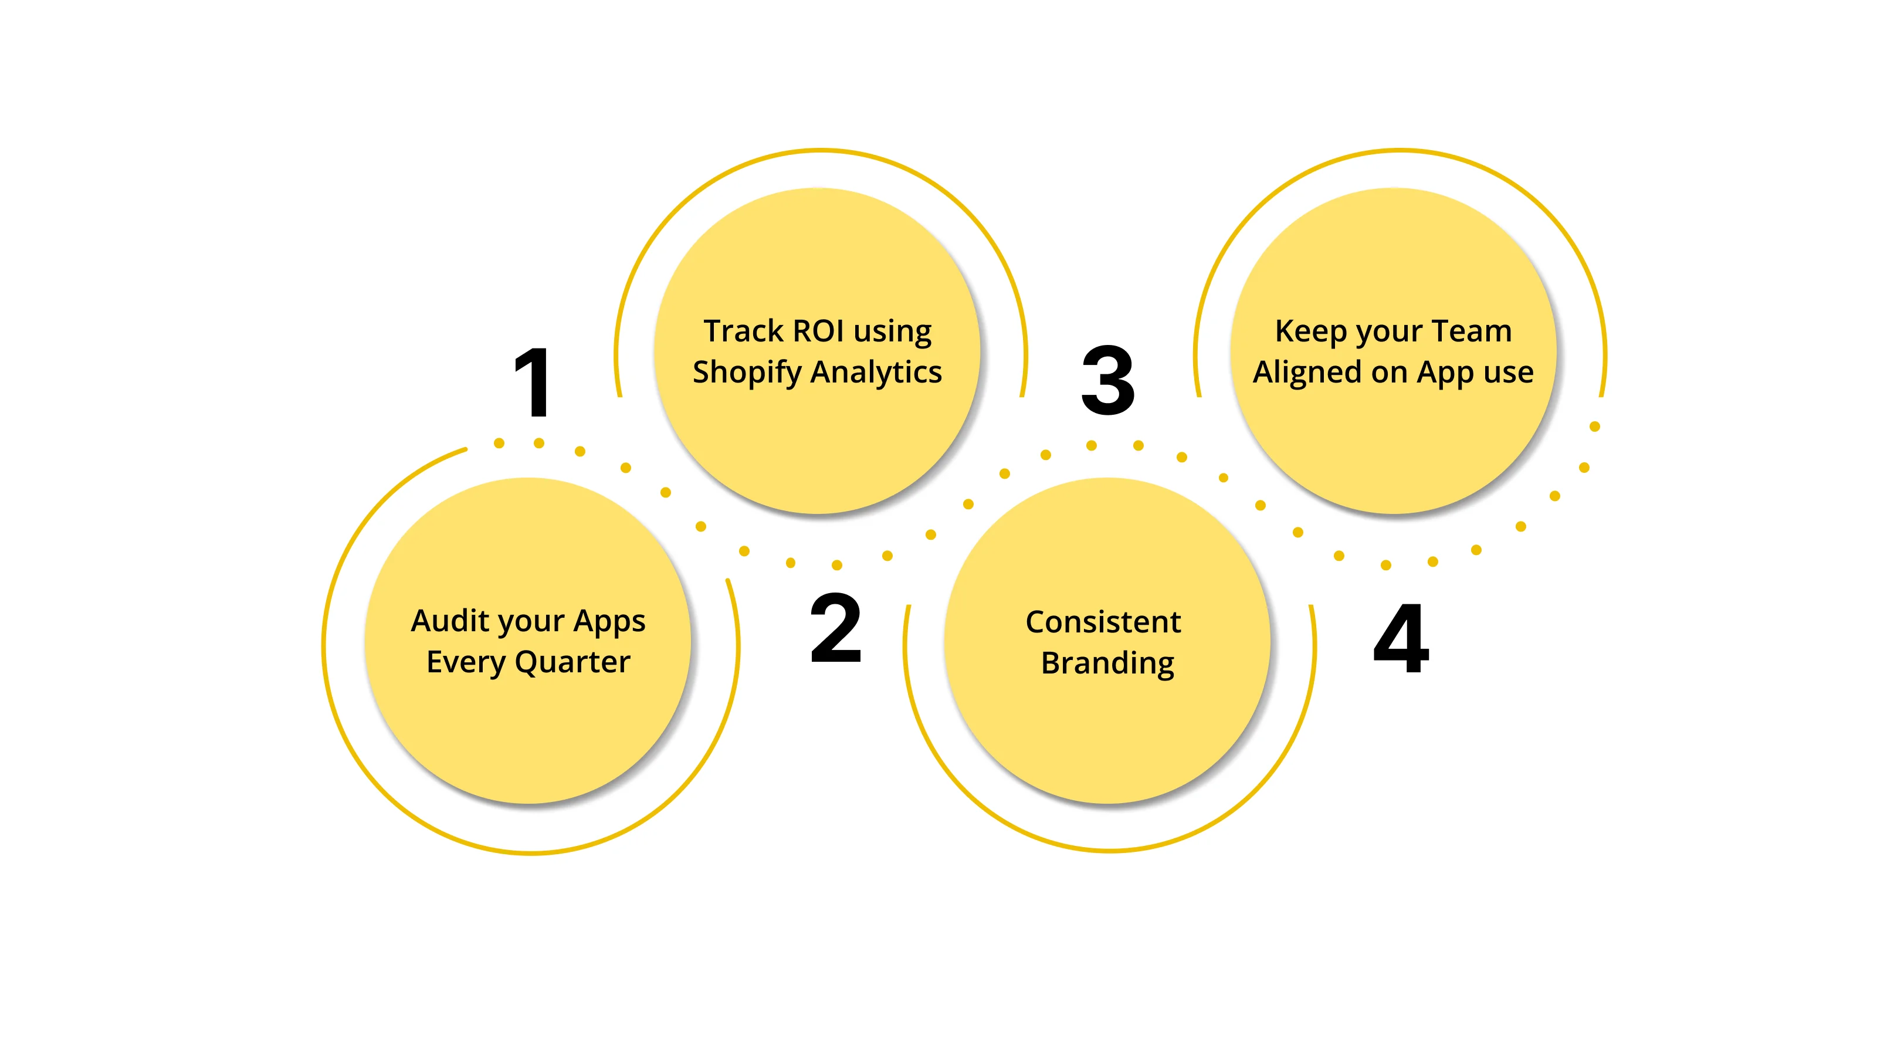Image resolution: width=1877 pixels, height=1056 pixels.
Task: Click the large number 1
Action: (533, 383)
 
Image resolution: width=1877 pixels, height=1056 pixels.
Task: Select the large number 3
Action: (1107, 380)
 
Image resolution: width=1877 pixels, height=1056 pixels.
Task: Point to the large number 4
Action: (1401, 638)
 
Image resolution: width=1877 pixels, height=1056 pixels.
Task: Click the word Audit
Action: (450, 621)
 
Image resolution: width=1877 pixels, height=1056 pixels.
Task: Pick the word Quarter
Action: (572, 662)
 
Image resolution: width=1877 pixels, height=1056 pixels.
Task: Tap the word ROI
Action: (818, 331)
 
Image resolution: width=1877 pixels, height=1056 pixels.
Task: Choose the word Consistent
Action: (1103, 622)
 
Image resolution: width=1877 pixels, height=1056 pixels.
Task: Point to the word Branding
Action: (1107, 663)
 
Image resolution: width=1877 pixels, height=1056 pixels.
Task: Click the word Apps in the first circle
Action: (609, 621)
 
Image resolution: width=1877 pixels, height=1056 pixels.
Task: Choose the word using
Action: (893, 332)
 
